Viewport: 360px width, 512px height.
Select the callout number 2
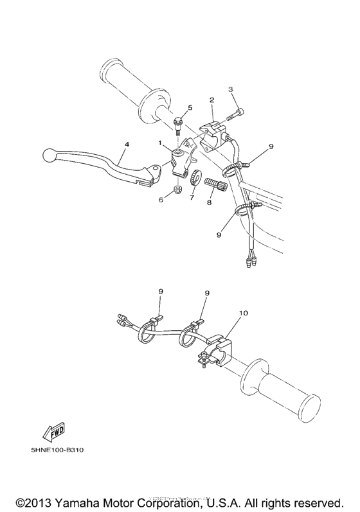(212, 100)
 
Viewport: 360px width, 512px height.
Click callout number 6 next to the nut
(161, 200)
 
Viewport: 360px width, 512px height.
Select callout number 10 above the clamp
(243, 314)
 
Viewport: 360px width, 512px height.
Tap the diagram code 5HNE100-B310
(57, 450)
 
